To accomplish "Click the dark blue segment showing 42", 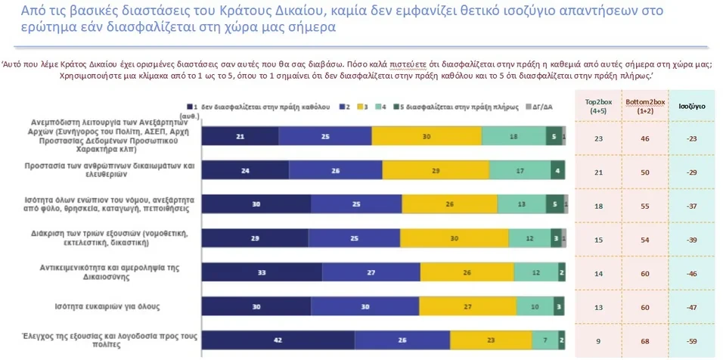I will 278,340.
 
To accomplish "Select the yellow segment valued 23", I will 491,340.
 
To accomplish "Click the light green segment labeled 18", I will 513,136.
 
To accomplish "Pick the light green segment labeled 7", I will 543,340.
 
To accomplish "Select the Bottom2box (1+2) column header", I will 644,106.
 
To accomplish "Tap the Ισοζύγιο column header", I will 691,107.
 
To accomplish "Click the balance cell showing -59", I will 691,341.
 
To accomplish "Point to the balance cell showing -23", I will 691,138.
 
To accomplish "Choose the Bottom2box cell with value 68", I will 644,341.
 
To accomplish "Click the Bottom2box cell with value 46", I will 644,138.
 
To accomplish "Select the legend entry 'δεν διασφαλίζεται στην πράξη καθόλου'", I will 260,107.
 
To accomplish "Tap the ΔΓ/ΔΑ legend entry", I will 541,107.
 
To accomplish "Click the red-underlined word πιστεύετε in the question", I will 408,64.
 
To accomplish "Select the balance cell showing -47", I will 691,307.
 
